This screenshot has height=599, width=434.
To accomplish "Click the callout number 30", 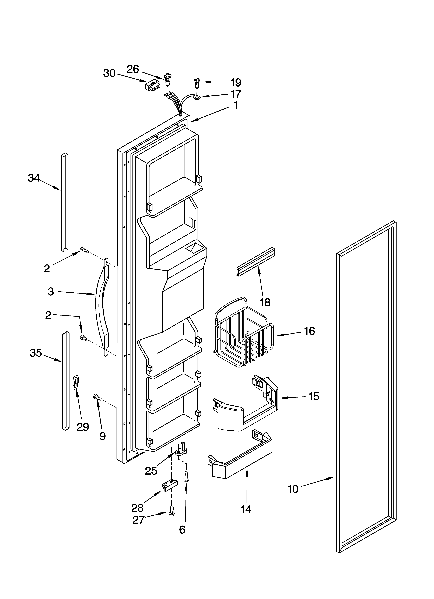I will pyautogui.click(x=109, y=73).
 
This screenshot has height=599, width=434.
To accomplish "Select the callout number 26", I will pyautogui.click(x=133, y=69).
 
